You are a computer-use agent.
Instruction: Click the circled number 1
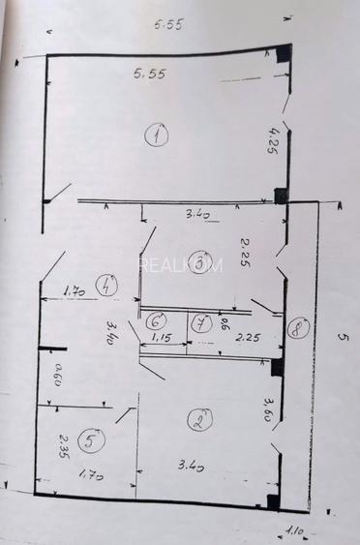(x=157, y=135)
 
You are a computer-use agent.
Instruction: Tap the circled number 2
(x=201, y=420)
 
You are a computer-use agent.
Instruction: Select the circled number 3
(x=200, y=261)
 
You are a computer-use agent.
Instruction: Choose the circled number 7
(x=199, y=323)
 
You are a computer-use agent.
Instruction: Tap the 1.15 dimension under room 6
(x=160, y=339)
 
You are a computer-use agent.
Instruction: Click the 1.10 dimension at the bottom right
(x=293, y=530)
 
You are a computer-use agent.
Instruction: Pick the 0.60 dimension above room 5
(x=57, y=374)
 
